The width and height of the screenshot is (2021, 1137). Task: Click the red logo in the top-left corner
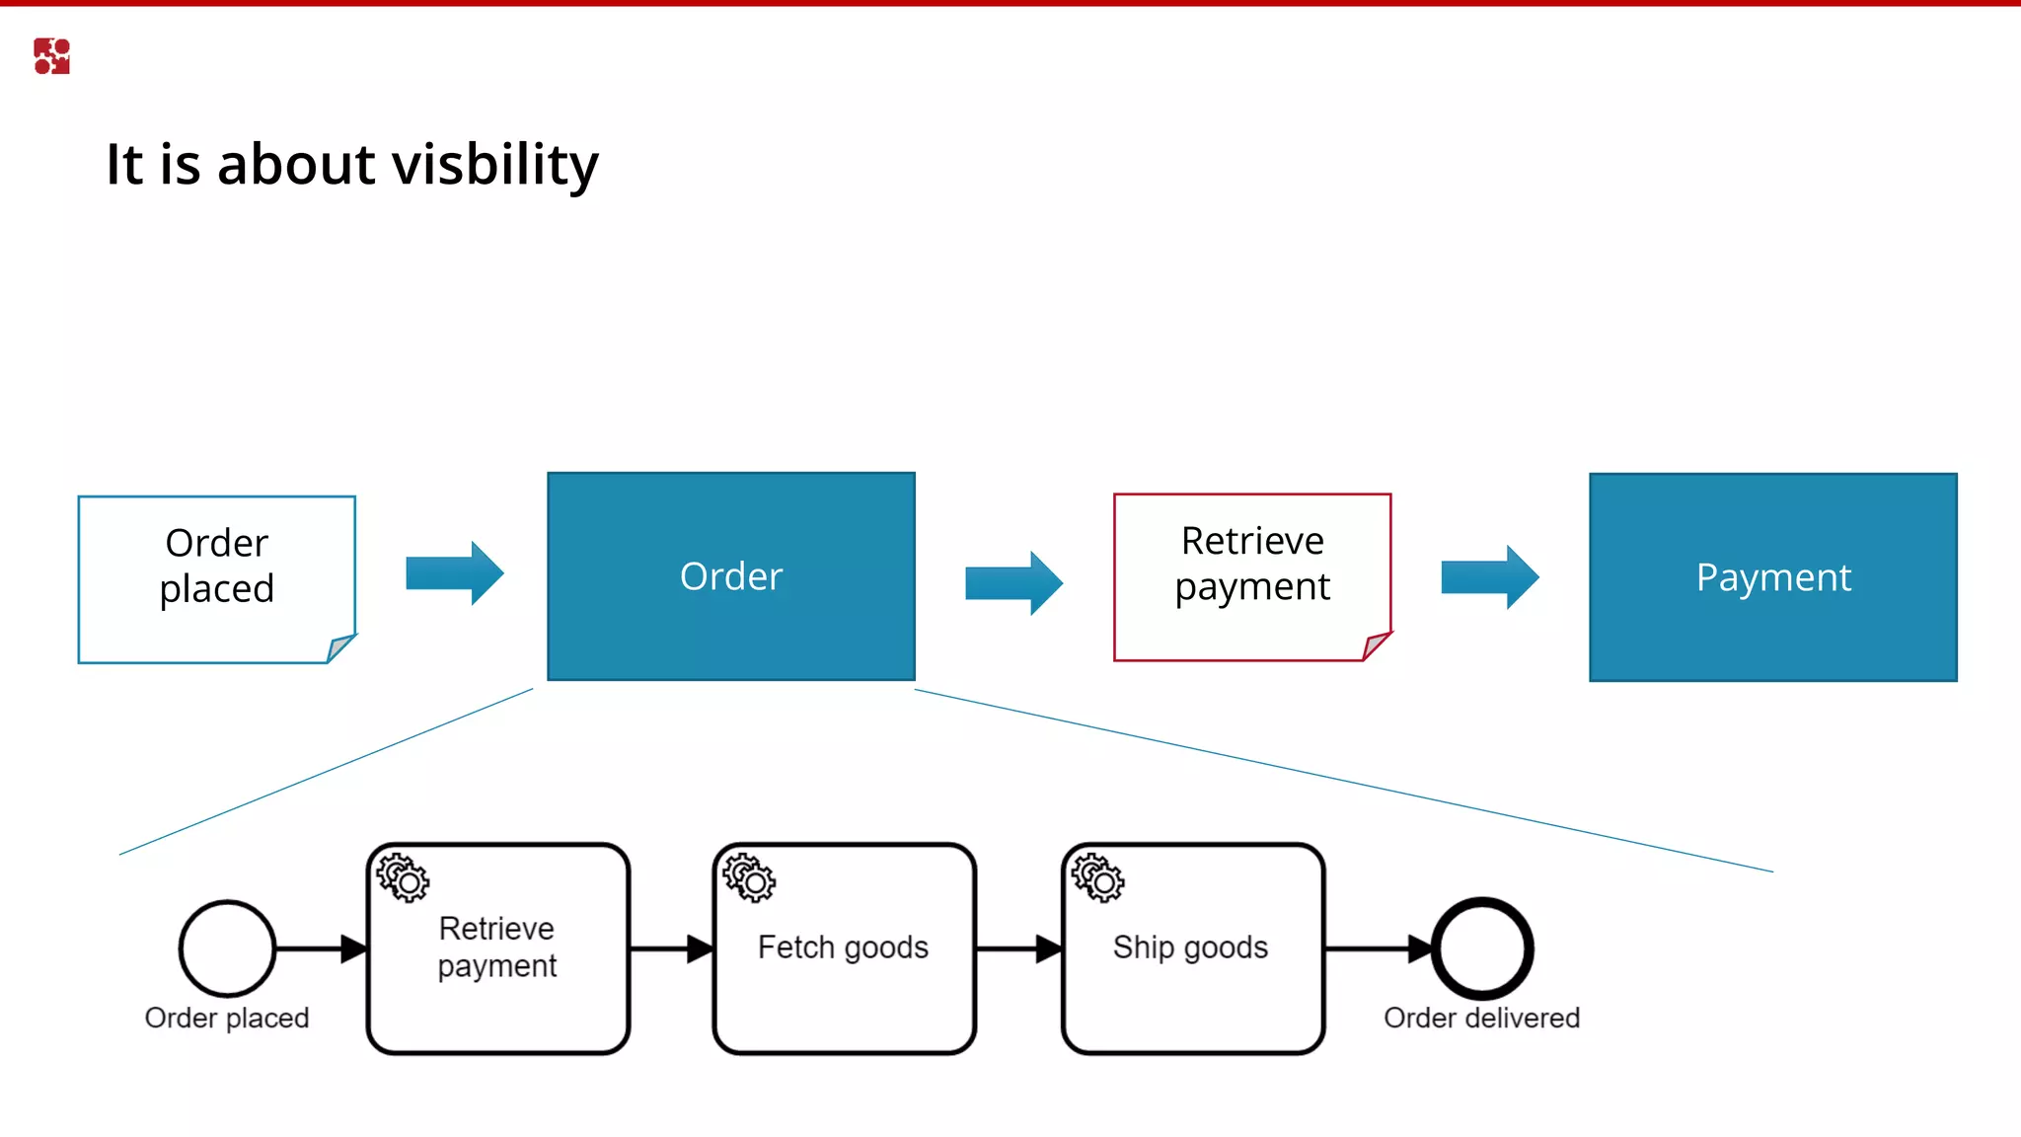point(51,56)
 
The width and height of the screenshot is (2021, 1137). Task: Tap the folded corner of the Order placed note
point(339,647)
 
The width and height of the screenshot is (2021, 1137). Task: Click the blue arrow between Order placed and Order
point(455,572)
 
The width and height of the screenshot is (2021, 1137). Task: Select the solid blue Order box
point(731,576)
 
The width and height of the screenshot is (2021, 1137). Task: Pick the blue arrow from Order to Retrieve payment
point(1013,582)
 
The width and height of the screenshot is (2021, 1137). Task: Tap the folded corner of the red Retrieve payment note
point(1376,645)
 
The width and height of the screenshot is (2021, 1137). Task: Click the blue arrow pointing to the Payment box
point(1489,576)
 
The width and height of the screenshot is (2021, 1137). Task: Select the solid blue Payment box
point(1772,577)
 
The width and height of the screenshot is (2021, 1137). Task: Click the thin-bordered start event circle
point(227,948)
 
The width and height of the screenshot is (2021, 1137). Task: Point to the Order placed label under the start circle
point(227,1018)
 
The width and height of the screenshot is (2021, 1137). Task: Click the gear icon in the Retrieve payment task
point(403,877)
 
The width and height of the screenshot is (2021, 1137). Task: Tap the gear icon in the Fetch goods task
point(749,877)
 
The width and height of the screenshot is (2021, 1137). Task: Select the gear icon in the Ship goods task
point(1097,877)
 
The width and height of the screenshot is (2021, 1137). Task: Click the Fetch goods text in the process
point(843,947)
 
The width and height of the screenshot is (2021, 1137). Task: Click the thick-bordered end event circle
point(1481,948)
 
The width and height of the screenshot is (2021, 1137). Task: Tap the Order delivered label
point(1481,1018)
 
